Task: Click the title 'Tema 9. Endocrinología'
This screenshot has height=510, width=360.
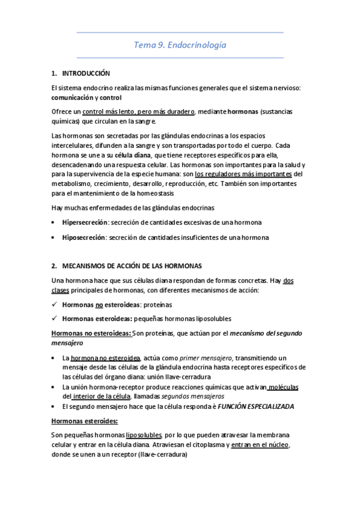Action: (180, 45)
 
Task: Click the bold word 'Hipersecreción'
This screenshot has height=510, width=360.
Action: (84, 223)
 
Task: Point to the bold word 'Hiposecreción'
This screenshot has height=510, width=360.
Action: (83, 238)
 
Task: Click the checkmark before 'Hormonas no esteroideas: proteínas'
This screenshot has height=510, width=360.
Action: (55, 305)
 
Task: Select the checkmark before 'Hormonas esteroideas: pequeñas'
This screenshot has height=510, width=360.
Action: (55, 318)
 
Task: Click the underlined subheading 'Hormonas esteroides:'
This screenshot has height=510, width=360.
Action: (85, 420)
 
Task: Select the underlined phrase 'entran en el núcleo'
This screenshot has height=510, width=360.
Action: (258, 444)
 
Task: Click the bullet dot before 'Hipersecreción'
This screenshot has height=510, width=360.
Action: (55, 223)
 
